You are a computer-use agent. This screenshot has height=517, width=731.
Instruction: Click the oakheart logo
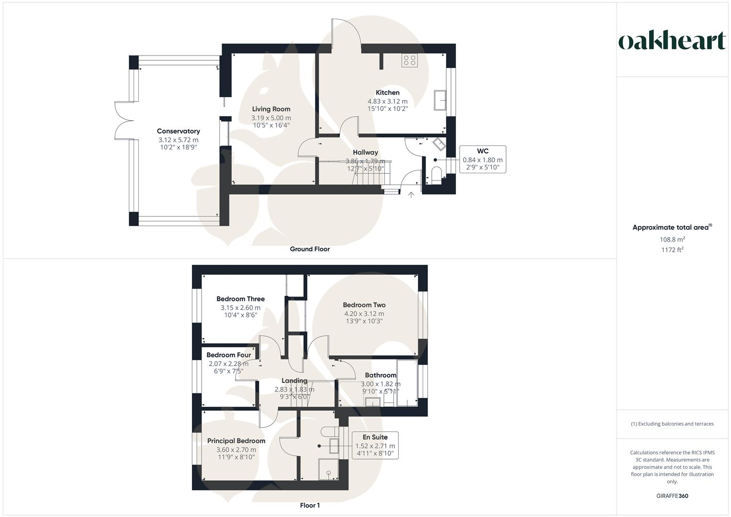tap(672, 41)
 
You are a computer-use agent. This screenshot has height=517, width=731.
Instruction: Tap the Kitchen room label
tap(387, 92)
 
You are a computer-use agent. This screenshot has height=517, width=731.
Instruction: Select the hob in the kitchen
tap(409, 60)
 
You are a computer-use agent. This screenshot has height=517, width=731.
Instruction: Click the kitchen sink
tap(440, 101)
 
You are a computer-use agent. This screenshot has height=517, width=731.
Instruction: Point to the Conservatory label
tap(178, 131)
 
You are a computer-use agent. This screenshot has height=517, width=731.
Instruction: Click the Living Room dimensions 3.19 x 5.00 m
tap(271, 118)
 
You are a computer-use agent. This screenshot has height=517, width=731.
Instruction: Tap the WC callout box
tap(483, 159)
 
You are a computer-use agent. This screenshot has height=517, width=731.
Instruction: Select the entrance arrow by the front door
tap(411, 195)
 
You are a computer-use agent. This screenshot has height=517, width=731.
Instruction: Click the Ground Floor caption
tap(310, 249)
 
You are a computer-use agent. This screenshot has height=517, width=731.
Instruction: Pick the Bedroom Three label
tap(240, 299)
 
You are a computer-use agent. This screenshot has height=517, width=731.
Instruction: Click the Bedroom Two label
tap(364, 305)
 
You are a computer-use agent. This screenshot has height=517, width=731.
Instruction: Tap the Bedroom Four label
tap(228, 355)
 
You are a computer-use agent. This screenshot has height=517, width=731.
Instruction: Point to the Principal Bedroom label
tap(236, 441)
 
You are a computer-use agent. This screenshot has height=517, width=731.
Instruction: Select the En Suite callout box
tap(375, 445)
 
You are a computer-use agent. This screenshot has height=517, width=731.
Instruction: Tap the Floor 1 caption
tap(310, 506)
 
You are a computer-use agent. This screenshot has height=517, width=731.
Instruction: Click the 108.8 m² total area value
tap(672, 239)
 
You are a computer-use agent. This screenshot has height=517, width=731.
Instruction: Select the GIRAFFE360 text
tap(672, 496)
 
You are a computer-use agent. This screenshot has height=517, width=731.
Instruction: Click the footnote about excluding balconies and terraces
tap(672, 424)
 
